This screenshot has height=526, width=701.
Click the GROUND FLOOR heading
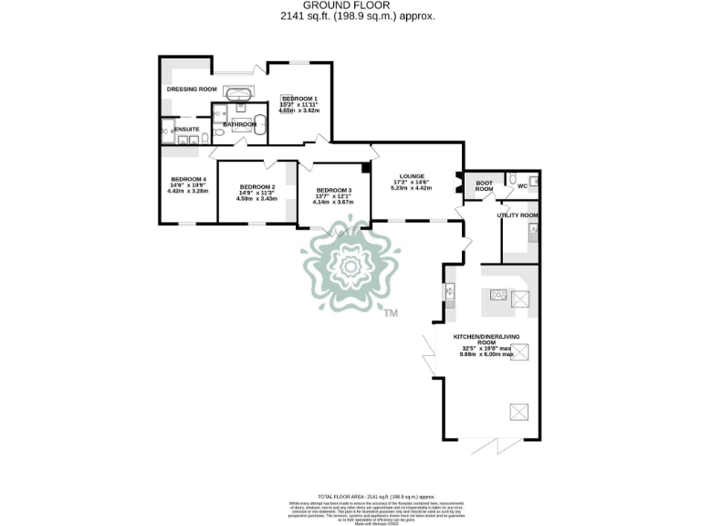coord(350,5)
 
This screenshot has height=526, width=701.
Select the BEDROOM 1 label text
coord(299,98)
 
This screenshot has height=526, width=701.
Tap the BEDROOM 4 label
coord(187,179)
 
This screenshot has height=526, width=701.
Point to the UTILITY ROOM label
coord(517,216)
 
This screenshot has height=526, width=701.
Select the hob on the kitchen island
coord(498,294)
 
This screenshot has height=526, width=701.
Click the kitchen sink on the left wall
coord(449,293)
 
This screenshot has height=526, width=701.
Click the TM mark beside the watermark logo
coord(391,313)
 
